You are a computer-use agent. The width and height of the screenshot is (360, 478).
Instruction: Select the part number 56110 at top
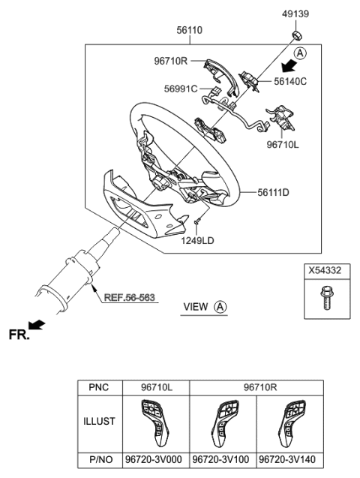coord(189,31)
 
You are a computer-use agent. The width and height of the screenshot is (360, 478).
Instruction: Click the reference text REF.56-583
coord(130,298)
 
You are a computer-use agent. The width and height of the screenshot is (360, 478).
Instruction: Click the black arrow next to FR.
coord(37,325)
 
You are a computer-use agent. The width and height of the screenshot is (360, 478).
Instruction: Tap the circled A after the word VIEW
coord(220,307)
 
